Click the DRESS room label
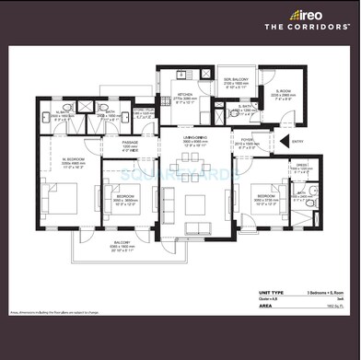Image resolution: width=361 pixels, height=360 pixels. click(x=300, y=168)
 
